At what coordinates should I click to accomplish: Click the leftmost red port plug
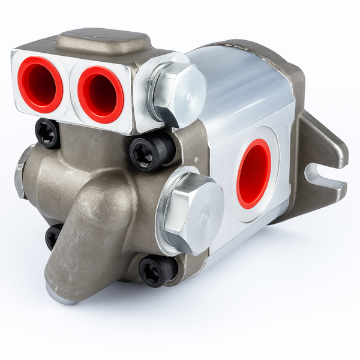(40, 85)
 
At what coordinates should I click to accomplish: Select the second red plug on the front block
(100, 94)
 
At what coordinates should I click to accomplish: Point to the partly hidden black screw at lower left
(53, 236)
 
